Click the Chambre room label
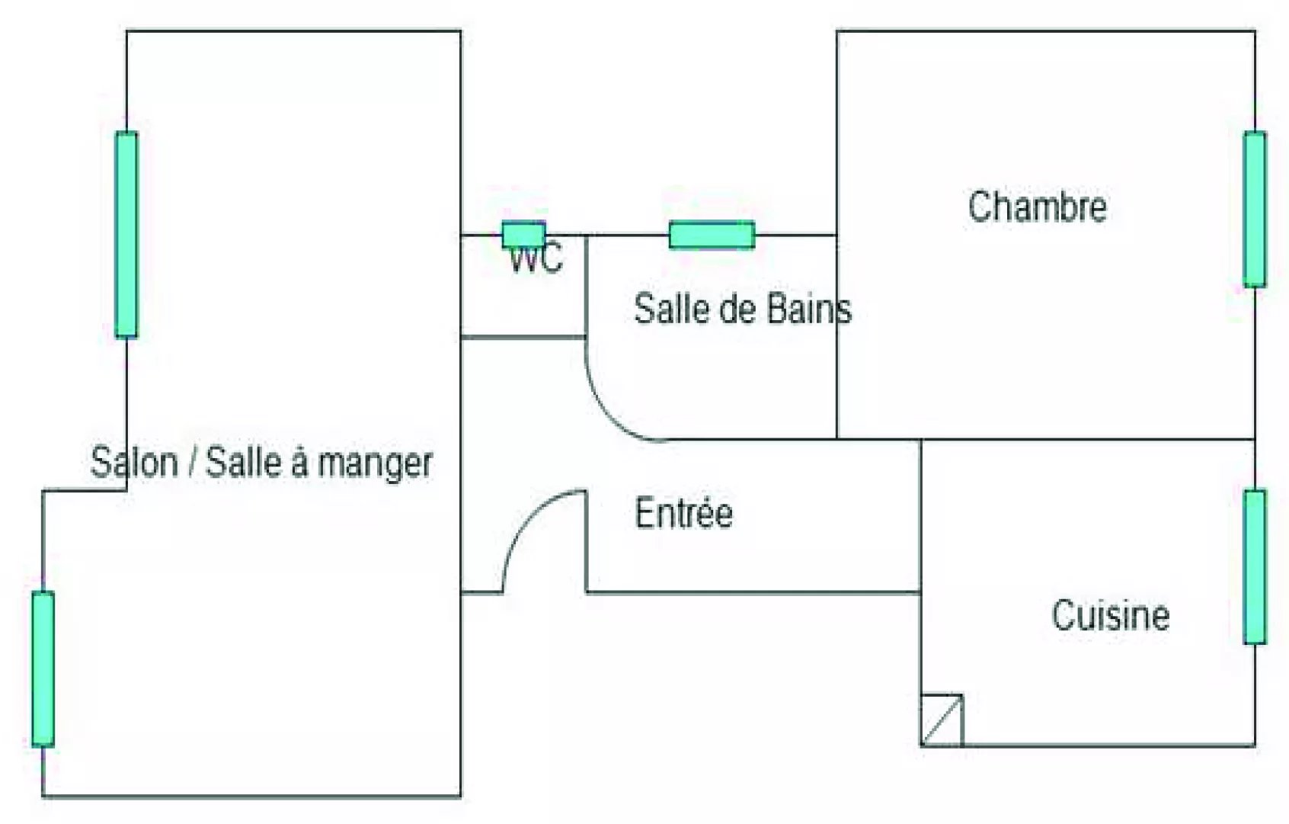[1037, 207]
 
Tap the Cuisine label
[1110, 615]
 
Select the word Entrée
[683, 513]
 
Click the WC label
[536, 259]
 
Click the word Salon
[134, 463]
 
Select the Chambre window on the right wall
[1254, 209]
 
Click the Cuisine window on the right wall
[1254, 566]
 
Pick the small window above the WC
[523, 234]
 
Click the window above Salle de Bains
[712, 235]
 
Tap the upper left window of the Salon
[126, 234]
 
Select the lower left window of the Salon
[43, 668]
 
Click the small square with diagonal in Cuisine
[942, 719]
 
